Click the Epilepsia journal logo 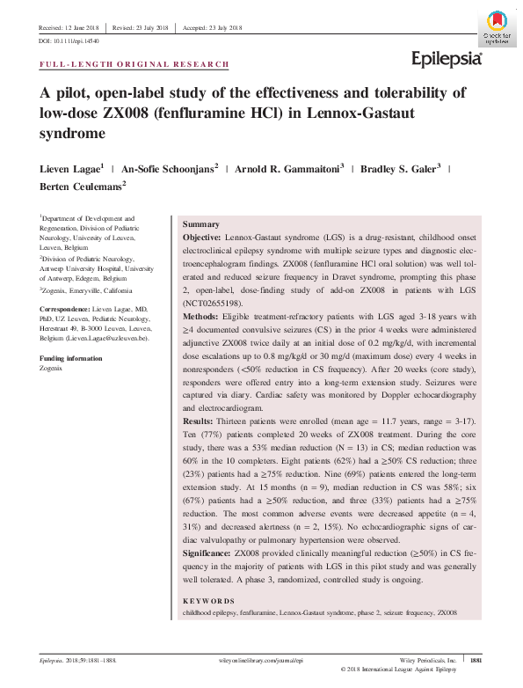coord(447,59)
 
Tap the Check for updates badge coord(496,25)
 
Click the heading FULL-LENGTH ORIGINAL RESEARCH coord(135,65)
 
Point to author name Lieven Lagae coord(70,167)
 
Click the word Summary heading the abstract coord(200,225)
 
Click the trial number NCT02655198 coord(215,301)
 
